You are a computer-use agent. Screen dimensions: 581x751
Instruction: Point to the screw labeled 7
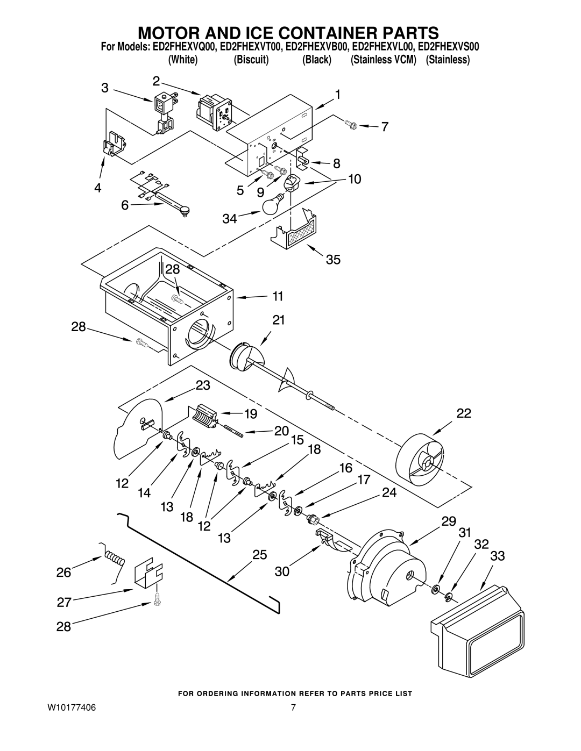pyautogui.click(x=350, y=124)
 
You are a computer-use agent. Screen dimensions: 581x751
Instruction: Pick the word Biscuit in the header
pyautogui.click(x=251, y=60)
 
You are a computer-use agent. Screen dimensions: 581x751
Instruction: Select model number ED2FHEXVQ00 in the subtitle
pyautogui.click(x=181, y=47)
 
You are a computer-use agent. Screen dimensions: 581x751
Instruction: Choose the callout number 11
pyautogui.click(x=278, y=296)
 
